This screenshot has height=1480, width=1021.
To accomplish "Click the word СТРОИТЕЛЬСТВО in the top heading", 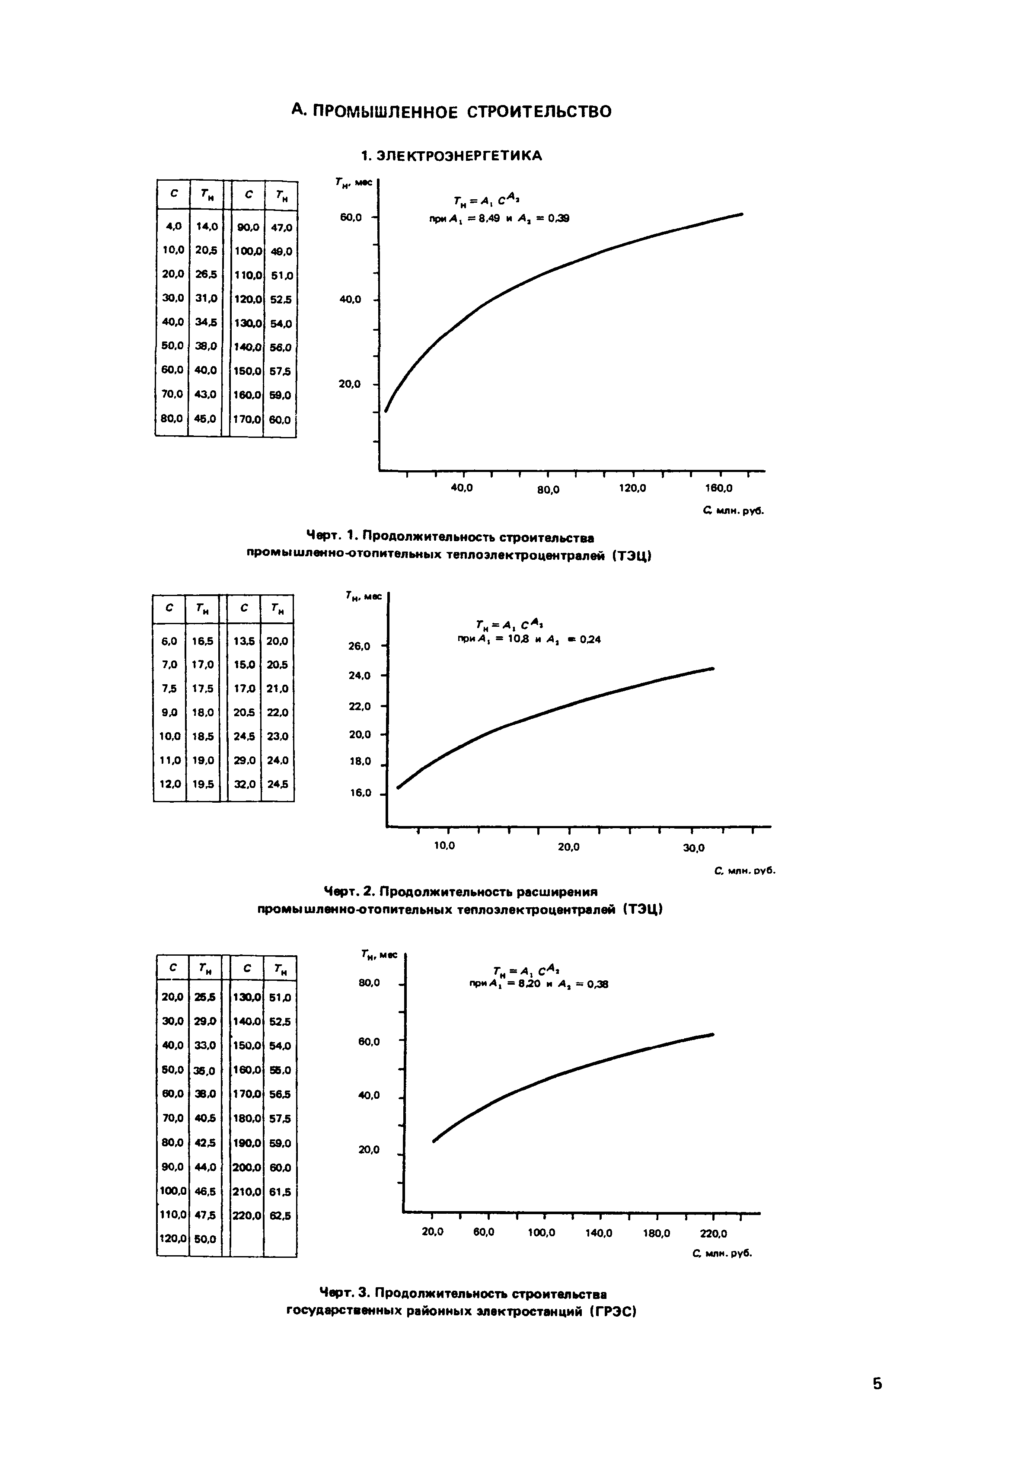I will (x=539, y=112).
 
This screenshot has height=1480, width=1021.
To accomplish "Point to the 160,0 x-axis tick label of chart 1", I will (x=719, y=488).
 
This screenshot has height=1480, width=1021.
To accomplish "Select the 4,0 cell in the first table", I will (x=173, y=226).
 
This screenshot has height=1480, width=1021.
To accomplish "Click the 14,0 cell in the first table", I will (x=207, y=226).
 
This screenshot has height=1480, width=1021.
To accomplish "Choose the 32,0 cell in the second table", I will (x=244, y=784).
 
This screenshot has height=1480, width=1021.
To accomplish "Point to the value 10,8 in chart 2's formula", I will (x=517, y=639).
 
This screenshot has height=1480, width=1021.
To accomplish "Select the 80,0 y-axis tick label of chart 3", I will (x=369, y=982).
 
